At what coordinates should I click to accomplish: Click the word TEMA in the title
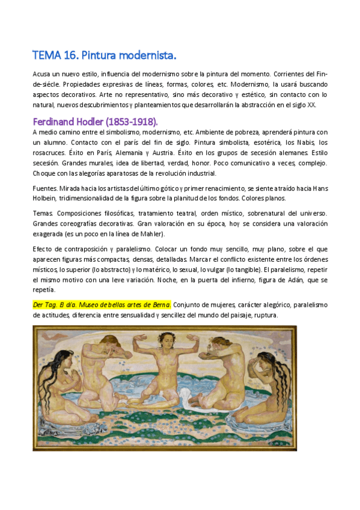[x=47, y=56]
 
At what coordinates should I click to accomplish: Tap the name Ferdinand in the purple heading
[x=55, y=120]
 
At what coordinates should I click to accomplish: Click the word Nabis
[x=292, y=142]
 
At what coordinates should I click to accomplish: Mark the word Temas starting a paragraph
[x=43, y=214]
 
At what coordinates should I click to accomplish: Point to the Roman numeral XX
[x=311, y=105]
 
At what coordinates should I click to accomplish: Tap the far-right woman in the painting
[x=270, y=391]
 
